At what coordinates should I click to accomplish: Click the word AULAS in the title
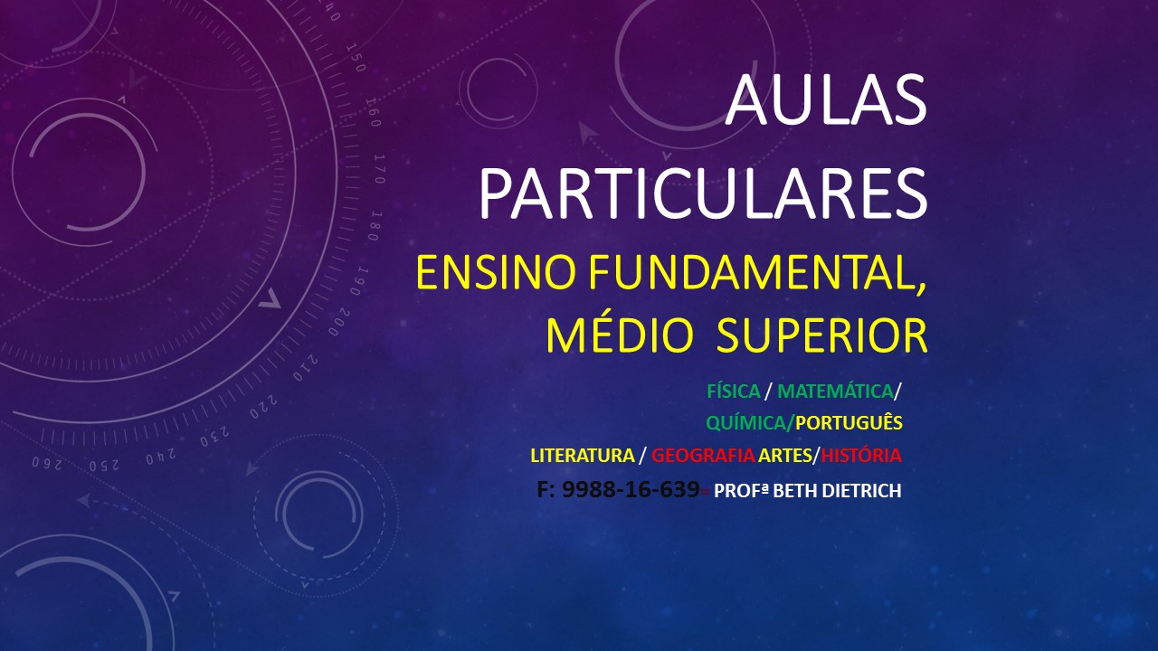[826, 99]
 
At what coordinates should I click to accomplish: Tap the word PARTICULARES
[703, 193]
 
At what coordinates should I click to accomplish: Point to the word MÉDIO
[620, 335]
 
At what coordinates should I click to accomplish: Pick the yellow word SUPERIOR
[822, 335]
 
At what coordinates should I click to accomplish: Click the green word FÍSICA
[733, 392]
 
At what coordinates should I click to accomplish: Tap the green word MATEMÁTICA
[835, 392]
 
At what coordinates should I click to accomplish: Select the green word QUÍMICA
[746, 422]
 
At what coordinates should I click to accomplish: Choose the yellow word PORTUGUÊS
[849, 422]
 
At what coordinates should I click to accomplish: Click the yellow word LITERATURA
[583, 455]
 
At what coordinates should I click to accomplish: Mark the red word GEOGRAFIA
[703, 455]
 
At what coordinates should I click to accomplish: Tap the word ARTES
[784, 455]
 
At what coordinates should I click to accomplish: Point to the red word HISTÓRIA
[860, 455]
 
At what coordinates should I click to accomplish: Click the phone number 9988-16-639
[631, 489]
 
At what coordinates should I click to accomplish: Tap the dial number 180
[375, 226]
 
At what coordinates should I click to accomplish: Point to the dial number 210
[306, 368]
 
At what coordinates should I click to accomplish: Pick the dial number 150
[356, 57]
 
